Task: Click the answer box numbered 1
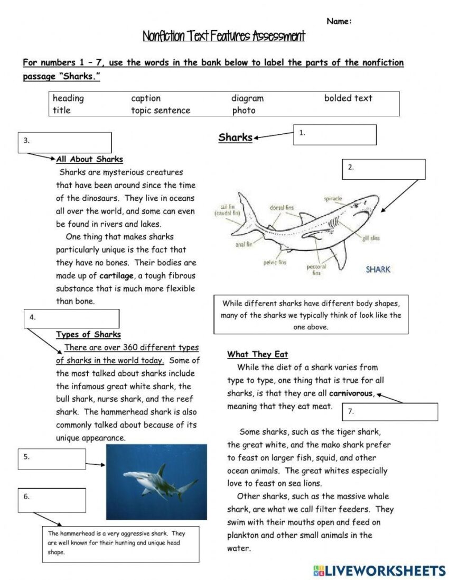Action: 335,135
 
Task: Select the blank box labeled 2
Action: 383,169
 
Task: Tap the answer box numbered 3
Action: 64,143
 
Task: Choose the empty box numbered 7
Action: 390,412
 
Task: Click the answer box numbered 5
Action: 52,459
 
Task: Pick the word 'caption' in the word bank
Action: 146,98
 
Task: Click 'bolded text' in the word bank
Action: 348,98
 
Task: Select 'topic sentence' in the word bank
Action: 161,111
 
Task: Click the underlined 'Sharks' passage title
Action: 235,137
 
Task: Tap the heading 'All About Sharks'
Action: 89,159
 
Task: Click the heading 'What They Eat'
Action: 257,354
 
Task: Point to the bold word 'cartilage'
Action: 116,276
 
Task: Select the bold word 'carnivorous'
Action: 351,393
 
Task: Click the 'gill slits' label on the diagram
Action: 371,238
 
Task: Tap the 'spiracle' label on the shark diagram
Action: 333,199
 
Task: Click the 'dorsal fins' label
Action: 282,208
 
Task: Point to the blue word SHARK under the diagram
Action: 378,269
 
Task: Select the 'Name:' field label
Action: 339,22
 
